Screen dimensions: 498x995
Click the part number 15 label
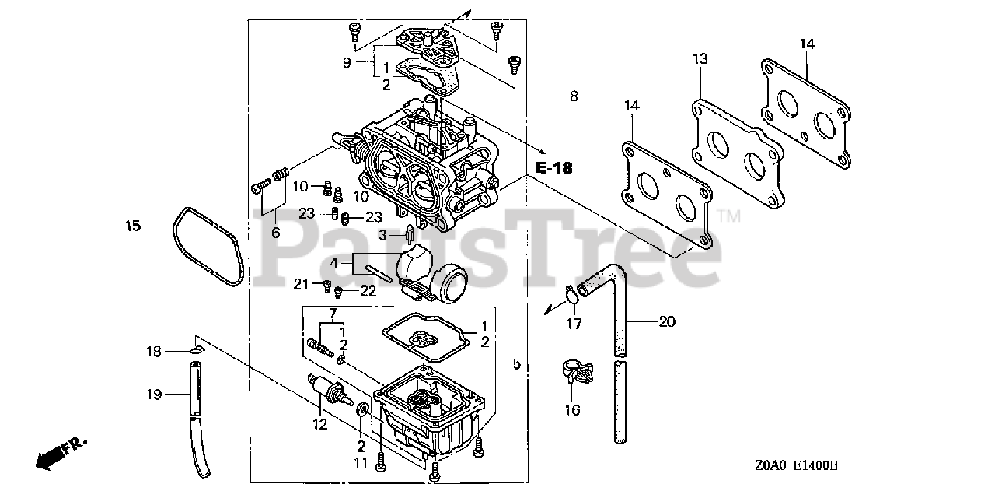point(133,226)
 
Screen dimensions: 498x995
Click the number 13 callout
point(700,58)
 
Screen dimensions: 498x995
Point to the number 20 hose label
point(667,321)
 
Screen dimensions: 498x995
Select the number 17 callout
point(573,324)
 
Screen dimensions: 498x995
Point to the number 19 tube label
point(153,395)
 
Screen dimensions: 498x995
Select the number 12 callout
point(320,424)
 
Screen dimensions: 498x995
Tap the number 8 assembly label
point(573,96)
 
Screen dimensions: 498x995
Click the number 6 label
point(275,232)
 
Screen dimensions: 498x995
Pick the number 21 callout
point(302,283)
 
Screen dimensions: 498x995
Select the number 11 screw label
point(360,463)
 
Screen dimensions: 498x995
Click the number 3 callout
point(382,234)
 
